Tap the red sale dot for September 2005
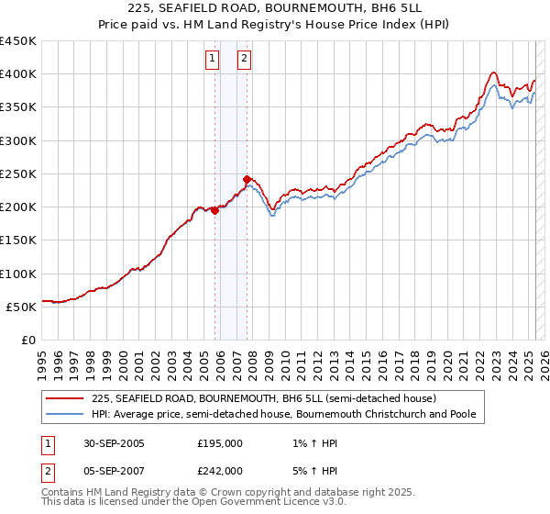[215, 210]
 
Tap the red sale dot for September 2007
[247, 179]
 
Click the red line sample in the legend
[65, 398]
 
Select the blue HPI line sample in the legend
[65, 414]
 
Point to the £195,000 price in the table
[220, 443]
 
